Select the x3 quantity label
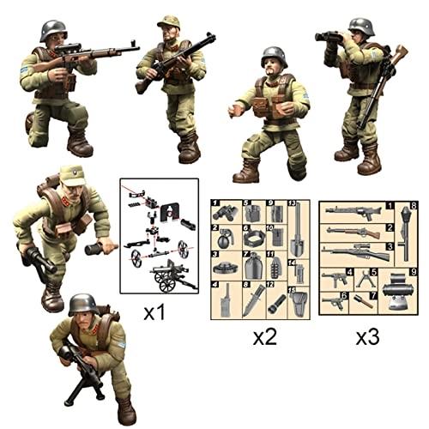point(368,337)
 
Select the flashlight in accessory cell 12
point(277,301)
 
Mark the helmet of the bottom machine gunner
point(84,303)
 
